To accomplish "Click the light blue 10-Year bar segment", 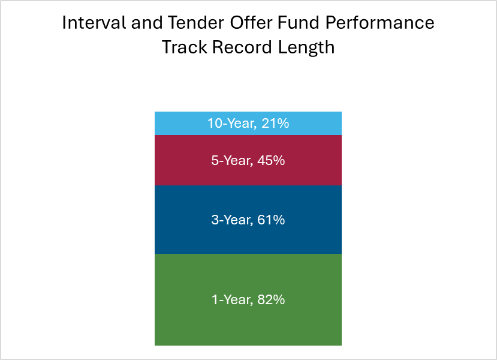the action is tap(248, 124).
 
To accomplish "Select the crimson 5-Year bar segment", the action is tap(248, 160).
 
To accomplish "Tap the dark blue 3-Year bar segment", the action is tap(248, 220).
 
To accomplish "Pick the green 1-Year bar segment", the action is tap(248, 299).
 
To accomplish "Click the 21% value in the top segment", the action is tap(275, 124).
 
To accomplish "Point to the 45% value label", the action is tap(271, 160).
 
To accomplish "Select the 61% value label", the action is tap(271, 220).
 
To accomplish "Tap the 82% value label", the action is tap(271, 300).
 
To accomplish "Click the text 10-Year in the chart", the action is tap(231, 124).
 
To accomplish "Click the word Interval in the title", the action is tap(94, 23).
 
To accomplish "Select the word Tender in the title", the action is tap(196, 23).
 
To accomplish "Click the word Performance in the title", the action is tap(379, 23).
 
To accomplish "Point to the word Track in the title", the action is tap(184, 47).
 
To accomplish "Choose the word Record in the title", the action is tap(242, 47).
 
